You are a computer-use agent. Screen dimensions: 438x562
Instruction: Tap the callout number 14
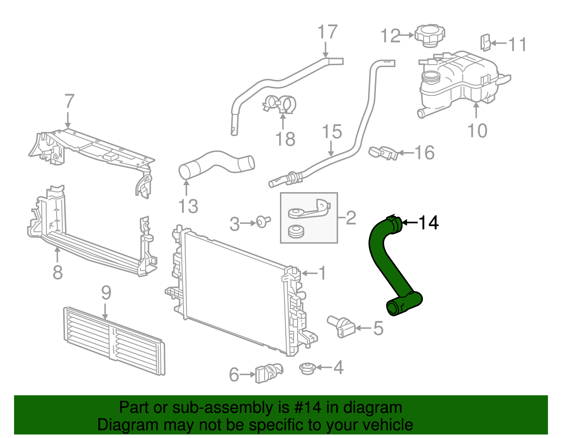[429, 223]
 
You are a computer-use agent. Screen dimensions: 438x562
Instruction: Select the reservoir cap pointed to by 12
[430, 35]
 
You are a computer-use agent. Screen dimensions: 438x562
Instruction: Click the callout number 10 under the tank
[477, 131]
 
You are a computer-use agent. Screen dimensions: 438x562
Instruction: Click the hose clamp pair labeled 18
[280, 105]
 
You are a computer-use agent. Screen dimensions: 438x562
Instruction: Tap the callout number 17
[327, 32]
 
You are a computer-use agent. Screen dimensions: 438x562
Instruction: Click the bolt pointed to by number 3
[262, 222]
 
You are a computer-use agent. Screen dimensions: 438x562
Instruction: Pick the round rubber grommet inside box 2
[296, 232]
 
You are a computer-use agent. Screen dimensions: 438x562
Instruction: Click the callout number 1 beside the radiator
[322, 273]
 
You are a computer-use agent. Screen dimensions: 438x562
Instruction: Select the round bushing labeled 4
[307, 369]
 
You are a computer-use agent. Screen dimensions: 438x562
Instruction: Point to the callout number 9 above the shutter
[106, 293]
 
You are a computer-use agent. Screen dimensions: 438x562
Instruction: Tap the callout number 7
[69, 101]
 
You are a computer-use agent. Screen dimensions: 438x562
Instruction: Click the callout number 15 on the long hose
[332, 132]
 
